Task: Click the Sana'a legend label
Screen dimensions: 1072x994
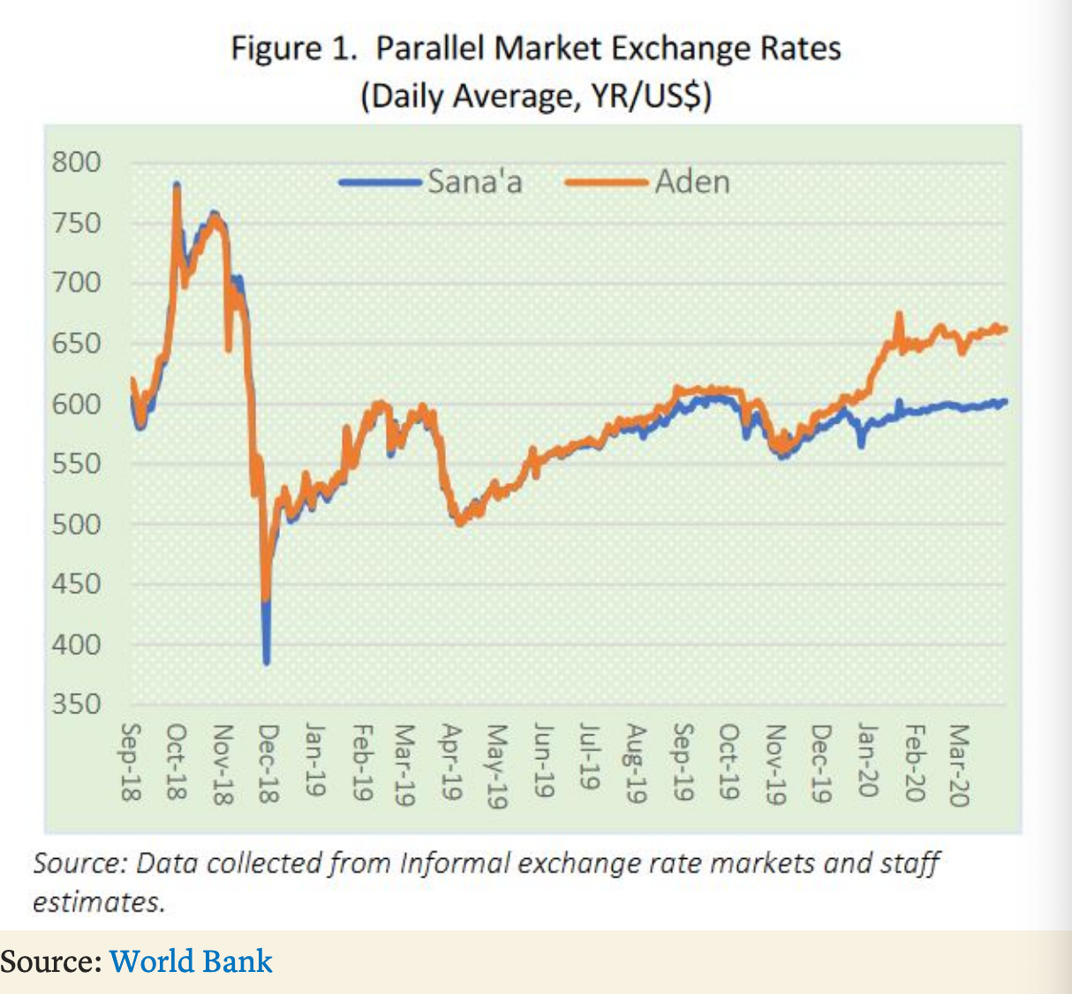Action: click(475, 181)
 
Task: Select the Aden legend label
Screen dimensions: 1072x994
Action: click(692, 181)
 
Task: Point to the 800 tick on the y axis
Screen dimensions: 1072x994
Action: click(76, 162)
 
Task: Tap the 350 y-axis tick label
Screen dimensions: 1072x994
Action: click(76, 704)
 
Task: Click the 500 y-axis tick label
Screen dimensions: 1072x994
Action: click(76, 524)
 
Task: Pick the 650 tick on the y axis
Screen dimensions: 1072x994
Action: click(76, 343)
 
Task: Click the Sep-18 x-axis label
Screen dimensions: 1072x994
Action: click(131, 762)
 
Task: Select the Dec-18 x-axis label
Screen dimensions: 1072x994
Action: click(268, 763)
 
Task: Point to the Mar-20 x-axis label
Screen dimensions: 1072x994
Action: click(959, 765)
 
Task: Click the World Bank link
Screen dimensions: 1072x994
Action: click(191, 961)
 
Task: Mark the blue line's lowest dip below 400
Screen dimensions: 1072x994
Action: click(266, 663)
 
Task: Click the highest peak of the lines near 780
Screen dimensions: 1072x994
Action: click(177, 185)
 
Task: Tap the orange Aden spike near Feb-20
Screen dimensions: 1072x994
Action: click(899, 313)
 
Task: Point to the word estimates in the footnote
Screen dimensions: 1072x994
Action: click(99, 902)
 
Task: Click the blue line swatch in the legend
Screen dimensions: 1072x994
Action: click(380, 183)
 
